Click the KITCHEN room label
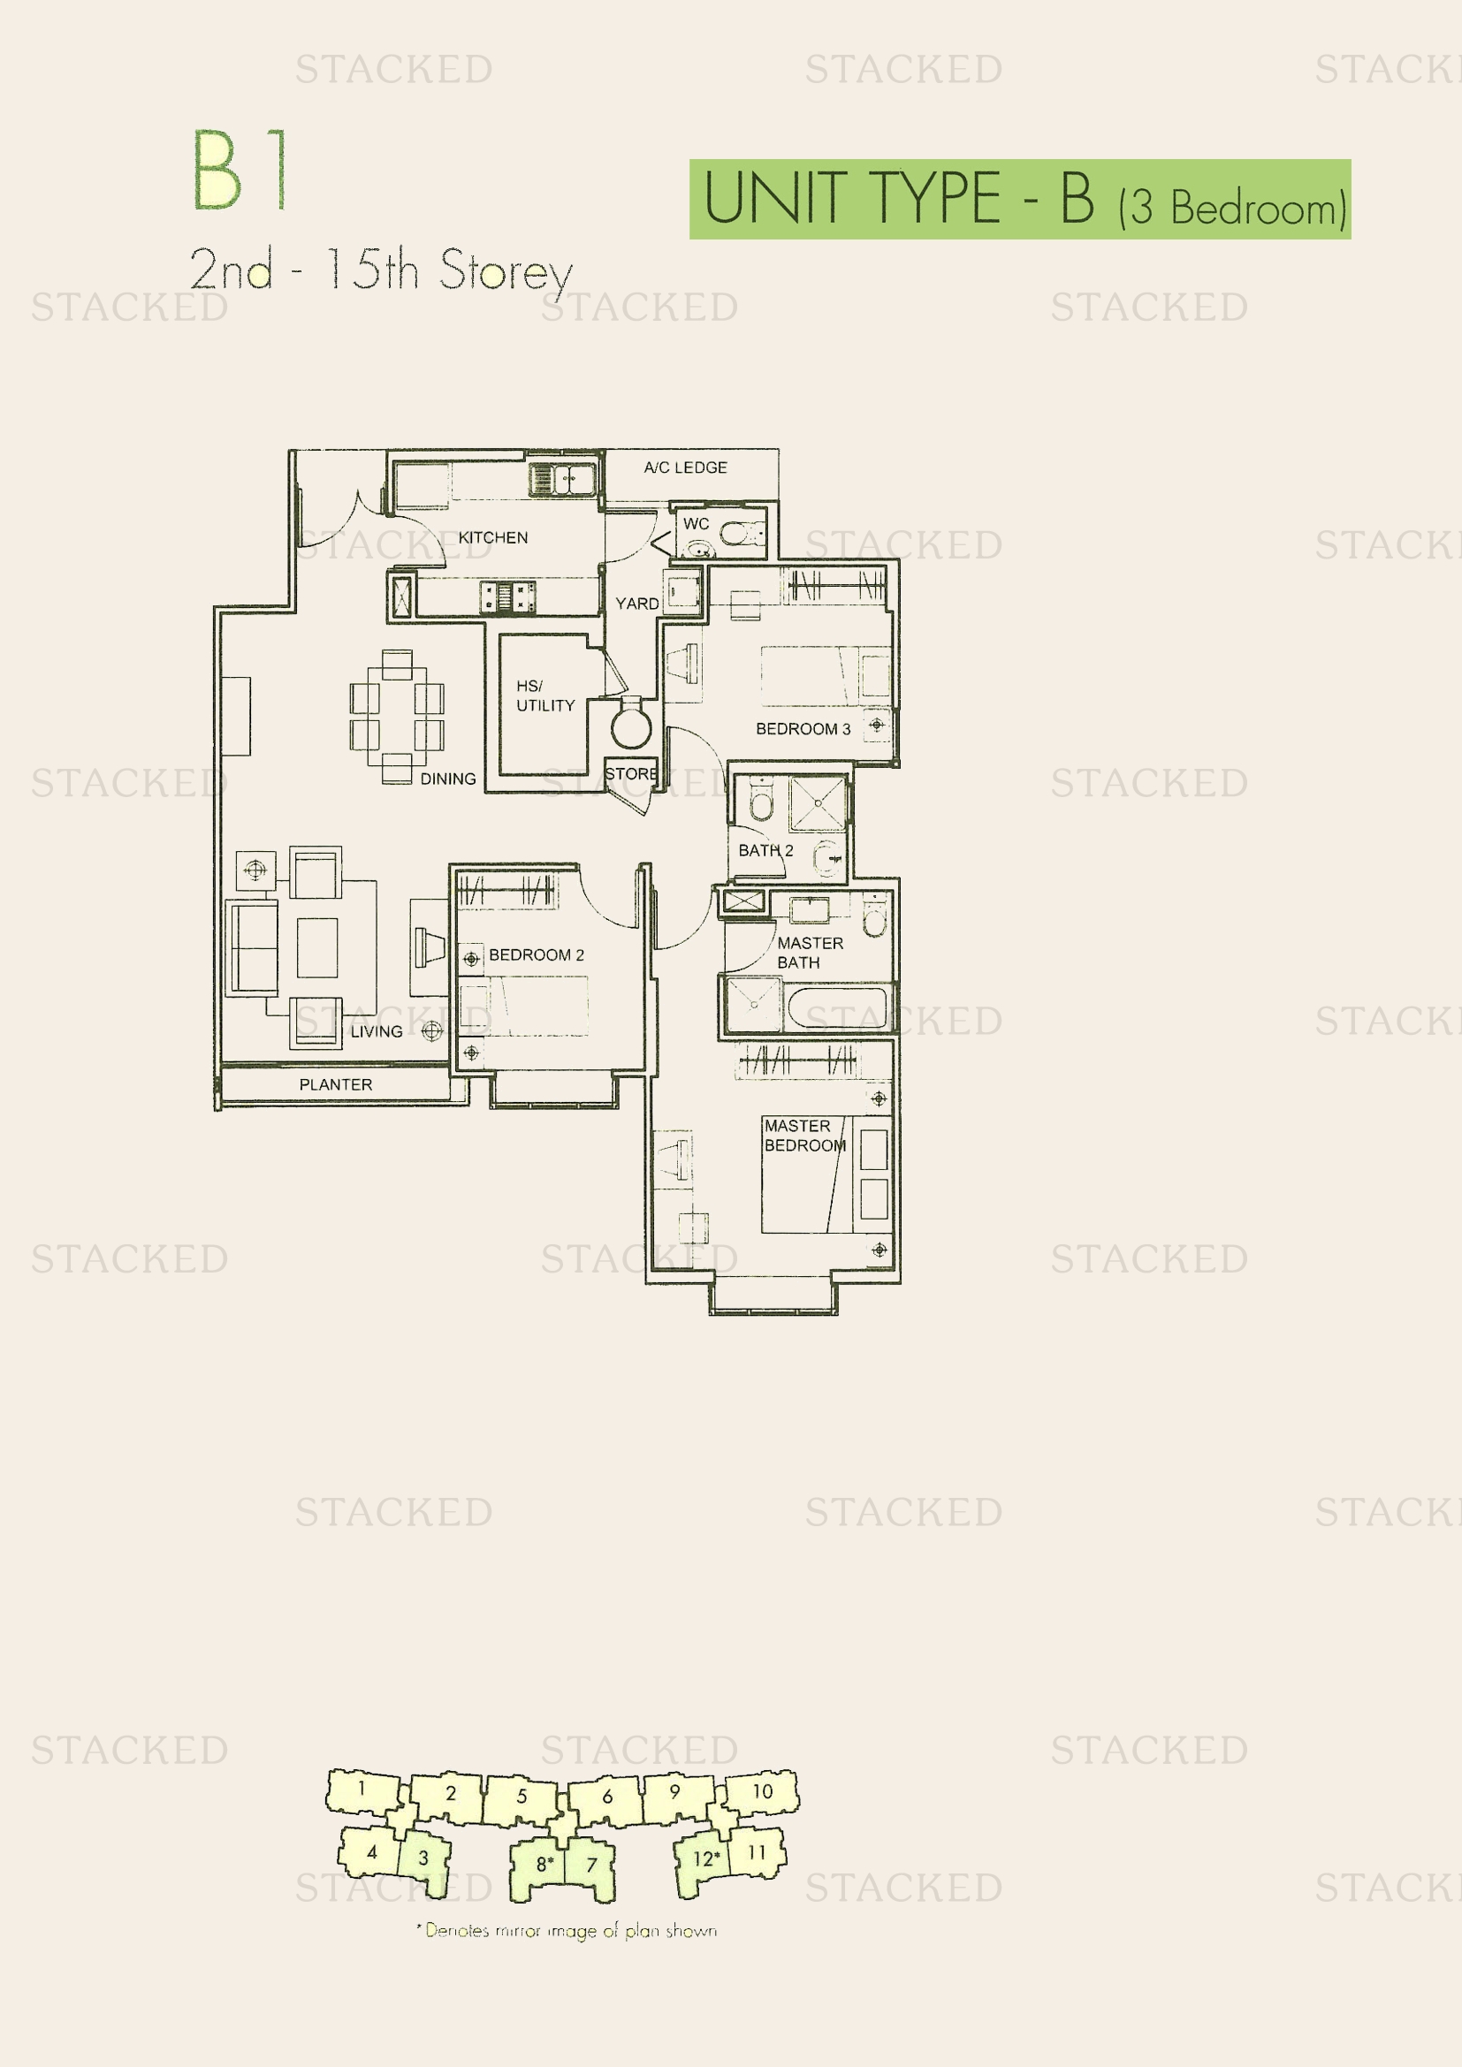click(x=492, y=537)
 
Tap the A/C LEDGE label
click(x=685, y=467)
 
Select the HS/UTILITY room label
click(x=544, y=695)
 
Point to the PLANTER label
click(x=336, y=1085)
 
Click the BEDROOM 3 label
click(x=803, y=729)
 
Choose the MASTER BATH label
click(x=811, y=953)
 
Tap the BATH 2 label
click(x=766, y=851)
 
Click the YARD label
click(x=636, y=604)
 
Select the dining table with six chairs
click(x=397, y=717)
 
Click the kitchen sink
click(x=563, y=479)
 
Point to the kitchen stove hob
click(x=507, y=596)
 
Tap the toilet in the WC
click(x=742, y=534)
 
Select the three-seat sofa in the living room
click(x=251, y=948)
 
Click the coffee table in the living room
click(x=317, y=948)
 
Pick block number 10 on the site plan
click(x=762, y=1791)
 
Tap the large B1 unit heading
click(x=240, y=170)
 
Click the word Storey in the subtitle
click(x=506, y=270)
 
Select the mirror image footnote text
click(x=567, y=1930)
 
